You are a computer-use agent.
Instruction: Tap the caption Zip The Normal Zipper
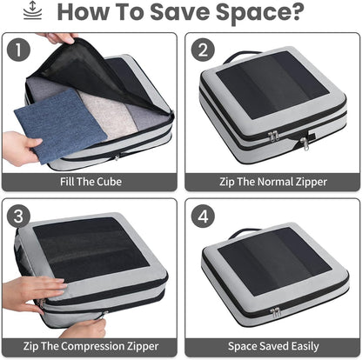click(x=272, y=182)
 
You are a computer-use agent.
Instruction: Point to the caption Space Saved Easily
click(x=272, y=347)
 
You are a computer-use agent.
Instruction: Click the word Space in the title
click(x=251, y=14)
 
